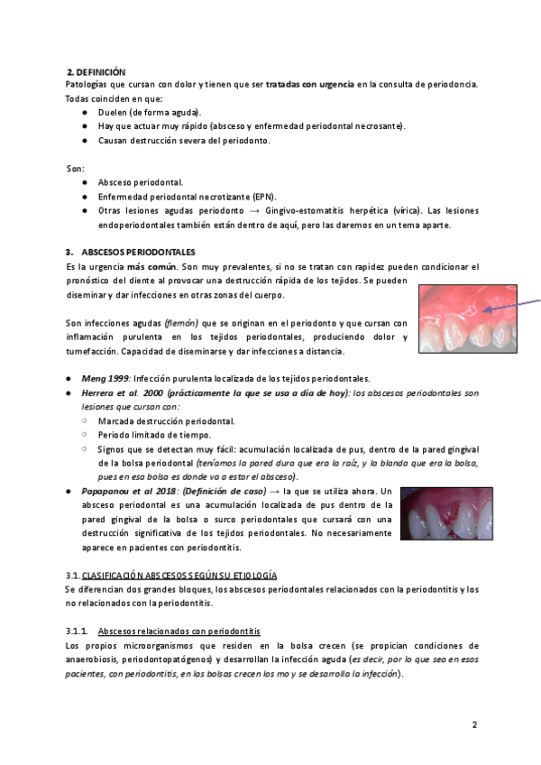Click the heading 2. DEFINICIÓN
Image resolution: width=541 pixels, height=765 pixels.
[x=96, y=71]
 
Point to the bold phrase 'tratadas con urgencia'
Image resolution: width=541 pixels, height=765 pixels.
[x=309, y=85]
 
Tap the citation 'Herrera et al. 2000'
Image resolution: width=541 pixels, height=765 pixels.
[x=124, y=393]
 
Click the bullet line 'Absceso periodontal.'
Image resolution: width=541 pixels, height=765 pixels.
[x=140, y=182]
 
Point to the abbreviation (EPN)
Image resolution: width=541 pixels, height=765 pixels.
[x=265, y=197]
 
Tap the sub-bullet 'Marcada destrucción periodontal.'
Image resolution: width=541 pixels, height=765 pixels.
[x=167, y=420]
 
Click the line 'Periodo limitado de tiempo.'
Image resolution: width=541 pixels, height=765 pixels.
[x=154, y=435]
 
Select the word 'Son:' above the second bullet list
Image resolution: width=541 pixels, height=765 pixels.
[x=76, y=168]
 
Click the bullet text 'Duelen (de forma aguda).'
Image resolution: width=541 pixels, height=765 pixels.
[x=150, y=112]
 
